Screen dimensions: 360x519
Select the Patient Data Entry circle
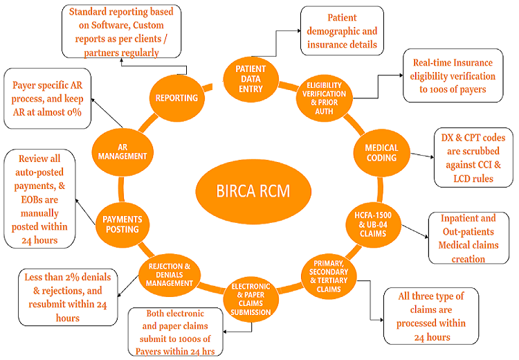point(251,75)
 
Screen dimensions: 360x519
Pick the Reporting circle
point(176,98)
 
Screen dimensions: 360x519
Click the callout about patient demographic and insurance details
point(342,31)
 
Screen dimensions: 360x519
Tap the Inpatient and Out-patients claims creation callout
point(468,238)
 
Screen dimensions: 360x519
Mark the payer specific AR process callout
point(47,97)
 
